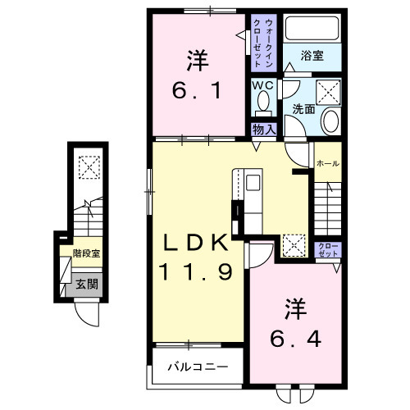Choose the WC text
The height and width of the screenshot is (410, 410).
pos(262,86)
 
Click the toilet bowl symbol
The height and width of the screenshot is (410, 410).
pos(262,104)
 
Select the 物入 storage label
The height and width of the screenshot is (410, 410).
pos(262,130)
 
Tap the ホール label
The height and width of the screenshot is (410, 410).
pos(327,163)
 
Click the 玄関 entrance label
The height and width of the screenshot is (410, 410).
pos(86,285)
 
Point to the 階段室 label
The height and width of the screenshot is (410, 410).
pos(85,254)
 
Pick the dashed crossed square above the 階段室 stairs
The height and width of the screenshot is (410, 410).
pos(86,167)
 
